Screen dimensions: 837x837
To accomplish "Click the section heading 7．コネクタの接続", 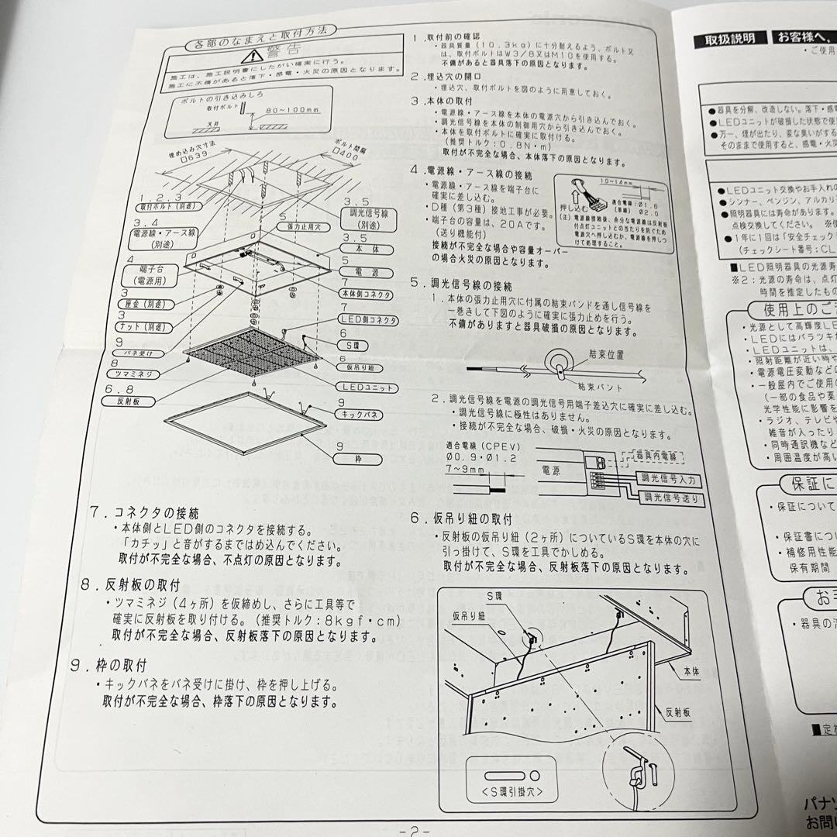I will [144, 513].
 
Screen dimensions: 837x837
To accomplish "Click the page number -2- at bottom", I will [418, 829].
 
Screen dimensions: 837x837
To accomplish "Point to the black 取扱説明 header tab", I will [730, 38].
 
